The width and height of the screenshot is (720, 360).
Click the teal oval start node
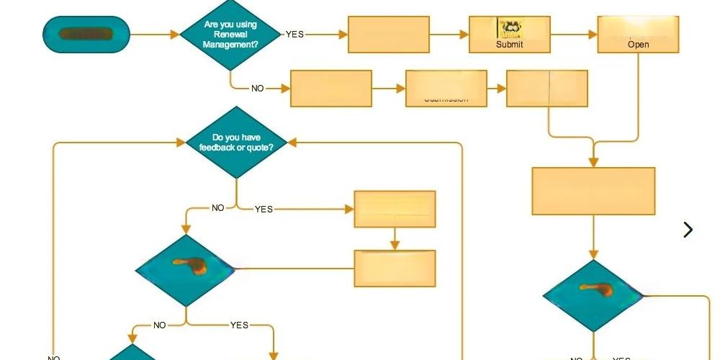[86, 34]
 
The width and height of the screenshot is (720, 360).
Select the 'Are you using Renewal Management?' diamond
[230, 34]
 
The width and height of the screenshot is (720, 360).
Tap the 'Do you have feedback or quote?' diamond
[237, 142]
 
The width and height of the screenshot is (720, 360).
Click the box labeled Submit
[509, 35]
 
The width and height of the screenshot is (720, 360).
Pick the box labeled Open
[638, 35]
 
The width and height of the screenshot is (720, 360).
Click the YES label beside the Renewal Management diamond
[294, 34]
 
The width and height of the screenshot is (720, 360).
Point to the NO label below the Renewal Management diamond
[257, 89]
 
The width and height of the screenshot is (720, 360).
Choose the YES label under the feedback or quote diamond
[264, 209]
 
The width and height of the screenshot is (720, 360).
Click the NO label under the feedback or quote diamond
[217, 208]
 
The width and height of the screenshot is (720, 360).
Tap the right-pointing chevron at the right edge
[688, 230]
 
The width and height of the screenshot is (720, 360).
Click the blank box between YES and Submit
[389, 35]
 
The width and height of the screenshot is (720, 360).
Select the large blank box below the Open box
[593, 191]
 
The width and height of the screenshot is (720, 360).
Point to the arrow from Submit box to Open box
[574, 34]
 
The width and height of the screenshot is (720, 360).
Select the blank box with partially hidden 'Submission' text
[446, 89]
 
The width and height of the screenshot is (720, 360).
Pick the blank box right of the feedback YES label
[395, 209]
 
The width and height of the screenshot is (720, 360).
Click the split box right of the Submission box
[547, 89]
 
